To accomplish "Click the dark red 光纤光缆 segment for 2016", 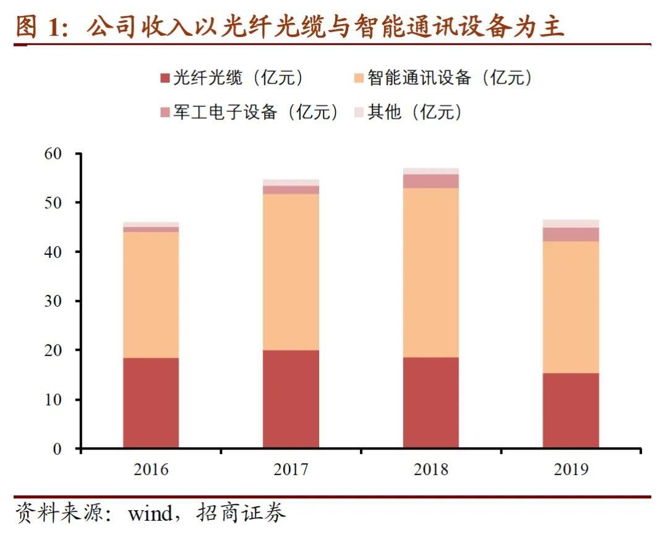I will pos(151,403).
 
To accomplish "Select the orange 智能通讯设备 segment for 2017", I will pos(291,272).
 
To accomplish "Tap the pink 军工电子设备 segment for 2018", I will pos(431,181).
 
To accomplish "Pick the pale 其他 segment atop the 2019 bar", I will pos(571,223).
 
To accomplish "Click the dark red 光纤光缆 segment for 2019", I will pos(571,410).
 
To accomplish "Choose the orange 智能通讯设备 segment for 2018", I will pos(431,272).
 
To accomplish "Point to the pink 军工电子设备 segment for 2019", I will pos(571,234).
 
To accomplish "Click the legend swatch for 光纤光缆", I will pos(165,79).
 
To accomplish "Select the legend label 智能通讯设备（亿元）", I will pos(450,78).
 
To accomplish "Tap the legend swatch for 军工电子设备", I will pos(165,113).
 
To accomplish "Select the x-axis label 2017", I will pos(291,469).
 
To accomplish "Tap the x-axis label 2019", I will pos(571,469).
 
